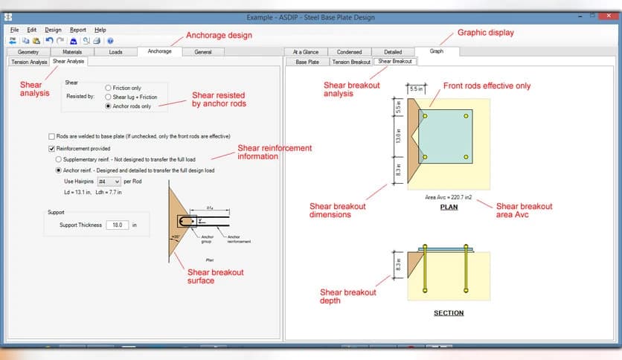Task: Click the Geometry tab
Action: point(28,52)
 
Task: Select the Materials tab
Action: point(72,52)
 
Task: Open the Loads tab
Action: point(116,52)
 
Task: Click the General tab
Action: point(203,52)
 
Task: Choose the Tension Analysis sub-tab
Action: point(28,62)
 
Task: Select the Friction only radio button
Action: point(109,88)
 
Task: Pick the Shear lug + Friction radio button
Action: point(109,97)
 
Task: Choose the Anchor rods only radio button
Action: point(109,106)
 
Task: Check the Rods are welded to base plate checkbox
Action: point(51,137)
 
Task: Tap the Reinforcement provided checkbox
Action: point(51,149)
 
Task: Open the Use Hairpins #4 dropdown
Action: point(109,181)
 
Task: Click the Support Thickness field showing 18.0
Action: point(117,225)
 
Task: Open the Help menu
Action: point(100,30)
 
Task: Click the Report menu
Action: point(78,30)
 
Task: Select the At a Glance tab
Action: point(306,52)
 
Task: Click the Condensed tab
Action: point(349,52)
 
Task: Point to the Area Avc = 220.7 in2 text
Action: point(448,199)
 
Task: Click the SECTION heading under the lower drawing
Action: point(449,313)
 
